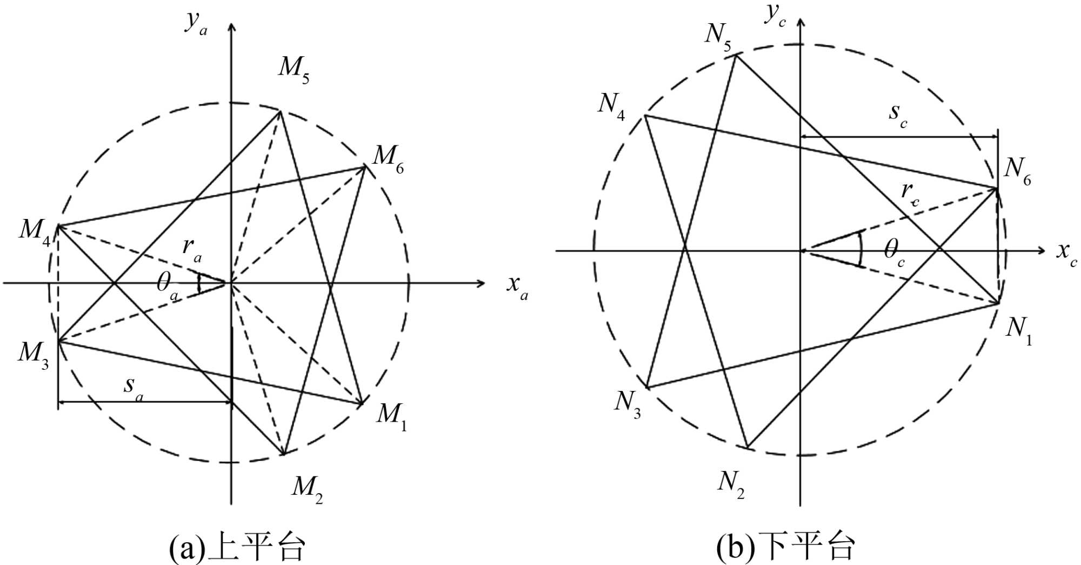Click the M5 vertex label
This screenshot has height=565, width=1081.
coord(294,69)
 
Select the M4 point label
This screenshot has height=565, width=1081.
coord(35,231)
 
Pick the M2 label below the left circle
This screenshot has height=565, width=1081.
coord(307,489)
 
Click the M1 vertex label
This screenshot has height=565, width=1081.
coord(391,416)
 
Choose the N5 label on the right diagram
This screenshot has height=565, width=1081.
coord(718,36)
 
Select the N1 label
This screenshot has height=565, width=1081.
coord(1018,330)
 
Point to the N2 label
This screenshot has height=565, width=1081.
coord(731,483)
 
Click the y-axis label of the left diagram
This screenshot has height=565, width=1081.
coord(196,23)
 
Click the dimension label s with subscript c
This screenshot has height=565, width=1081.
coord(898,115)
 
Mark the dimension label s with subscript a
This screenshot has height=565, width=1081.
coord(133,387)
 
